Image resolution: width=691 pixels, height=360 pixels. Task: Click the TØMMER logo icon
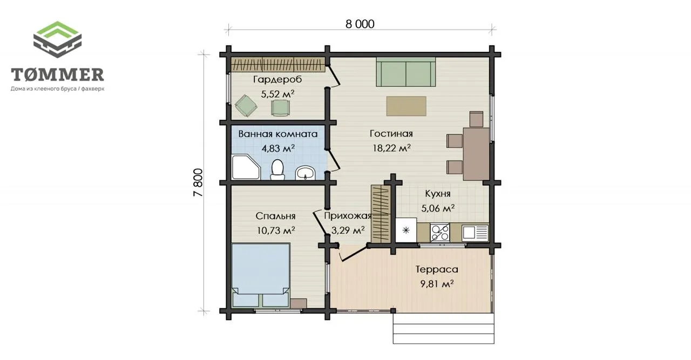[x=57, y=39]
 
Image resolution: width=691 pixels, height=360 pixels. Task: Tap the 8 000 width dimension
[x=360, y=24]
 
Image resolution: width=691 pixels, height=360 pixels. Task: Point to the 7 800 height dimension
[x=198, y=182]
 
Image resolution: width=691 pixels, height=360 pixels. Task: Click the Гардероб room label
[x=277, y=79]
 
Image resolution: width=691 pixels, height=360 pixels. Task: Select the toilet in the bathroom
[x=277, y=169]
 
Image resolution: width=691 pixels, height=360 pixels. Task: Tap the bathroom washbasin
[x=306, y=173]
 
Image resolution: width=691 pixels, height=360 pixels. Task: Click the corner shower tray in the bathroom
[x=246, y=167]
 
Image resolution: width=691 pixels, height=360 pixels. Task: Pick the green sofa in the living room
[x=405, y=72]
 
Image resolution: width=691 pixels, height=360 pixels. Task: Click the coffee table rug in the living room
[x=407, y=106]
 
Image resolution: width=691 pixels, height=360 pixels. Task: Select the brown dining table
[x=476, y=154]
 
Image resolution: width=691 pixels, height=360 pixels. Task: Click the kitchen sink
[x=475, y=233]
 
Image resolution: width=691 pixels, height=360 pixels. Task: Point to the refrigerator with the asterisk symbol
[x=406, y=230]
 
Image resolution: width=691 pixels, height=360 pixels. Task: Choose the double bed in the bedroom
[x=261, y=275]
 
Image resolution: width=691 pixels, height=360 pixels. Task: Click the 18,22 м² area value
[x=391, y=148]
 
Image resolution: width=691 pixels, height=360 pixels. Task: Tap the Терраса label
[x=437, y=269]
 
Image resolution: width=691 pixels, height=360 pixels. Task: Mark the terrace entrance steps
[x=443, y=328]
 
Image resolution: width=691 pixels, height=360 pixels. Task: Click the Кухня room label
[x=437, y=194]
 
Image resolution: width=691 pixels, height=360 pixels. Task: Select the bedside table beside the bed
[x=299, y=303]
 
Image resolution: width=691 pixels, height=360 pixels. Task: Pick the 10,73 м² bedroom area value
[x=276, y=230]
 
